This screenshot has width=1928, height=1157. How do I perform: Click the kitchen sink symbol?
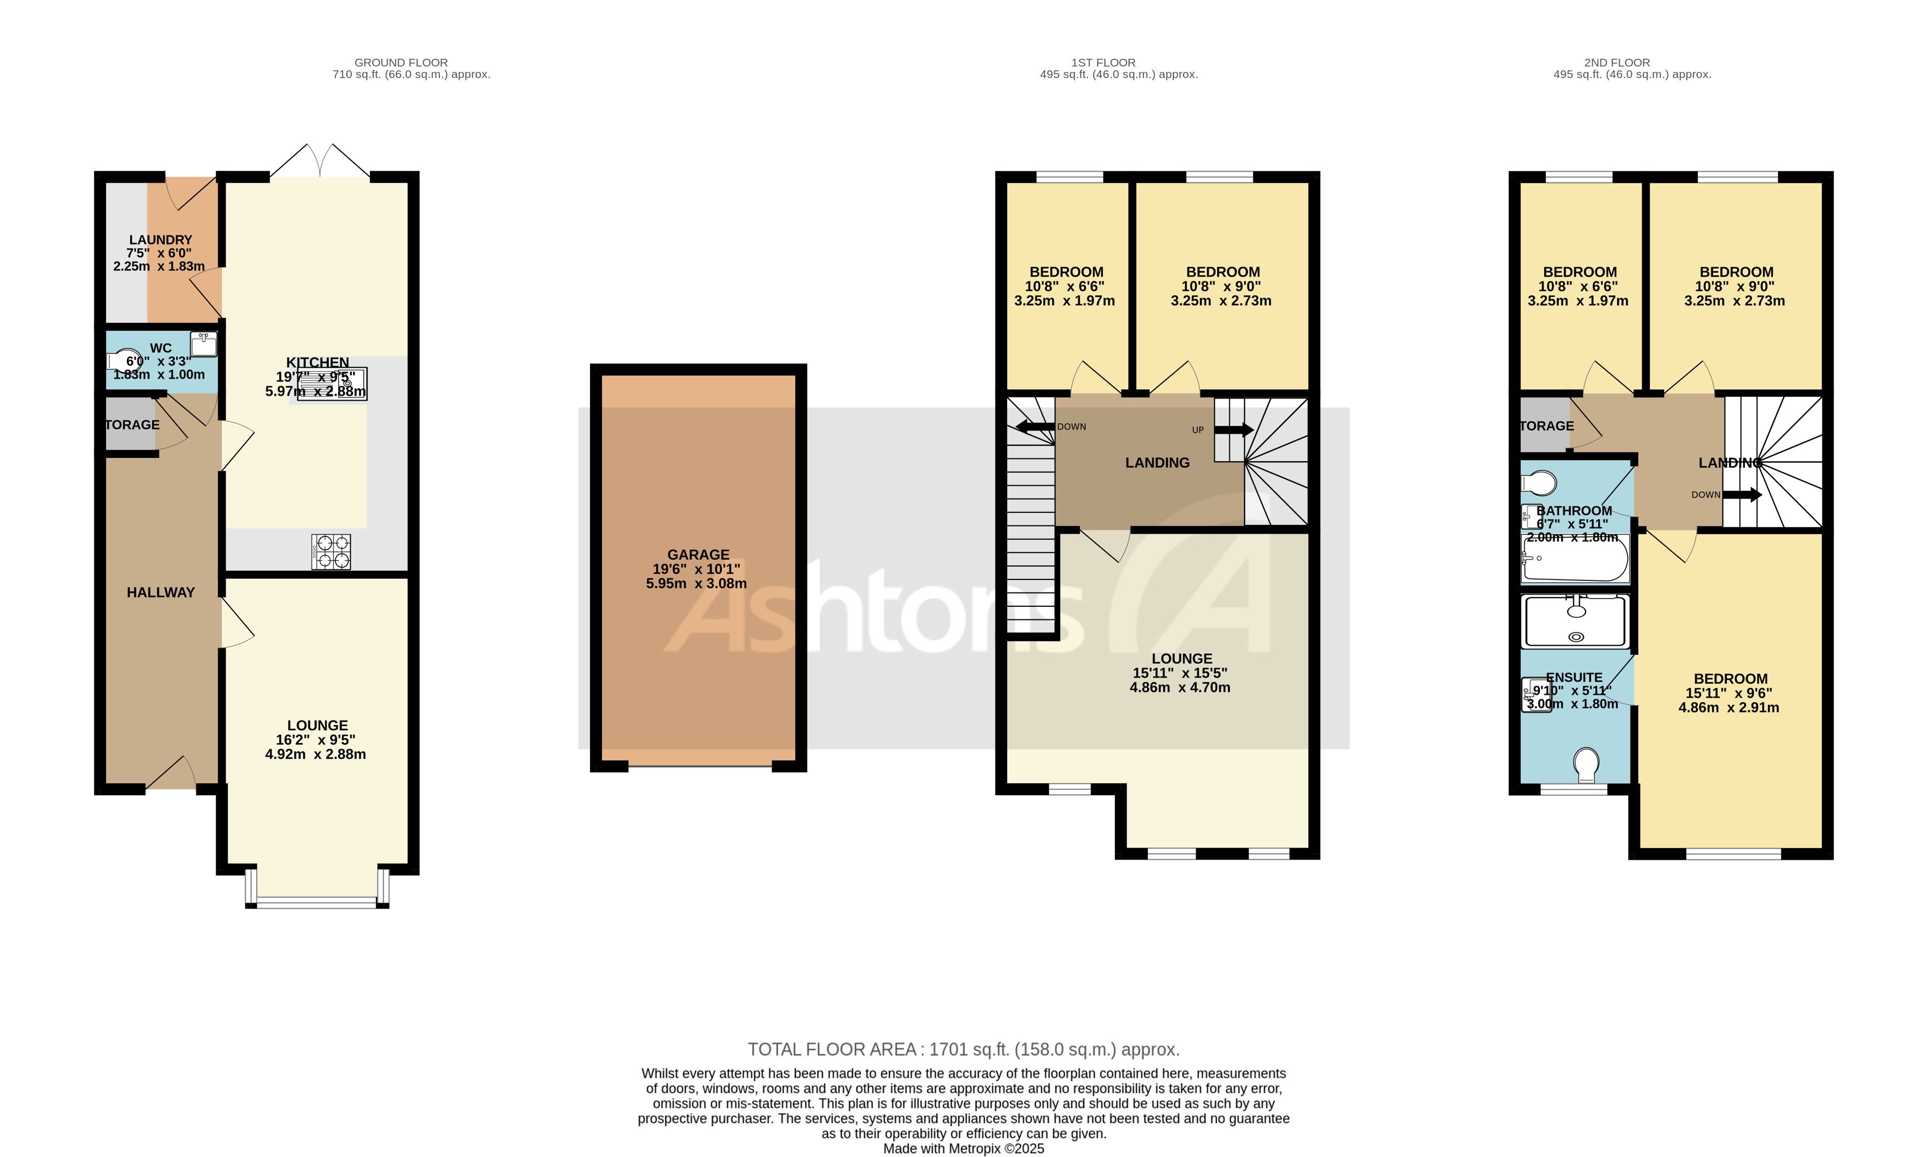pyautogui.click(x=332, y=384)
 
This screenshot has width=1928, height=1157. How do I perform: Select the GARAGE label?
pyautogui.click(x=698, y=555)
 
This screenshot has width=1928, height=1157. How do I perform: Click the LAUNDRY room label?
pyautogui.click(x=161, y=239)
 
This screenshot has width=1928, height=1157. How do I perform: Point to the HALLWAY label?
pyautogui.click(x=161, y=593)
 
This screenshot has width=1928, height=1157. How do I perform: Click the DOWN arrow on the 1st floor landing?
pyautogui.click(x=1035, y=427)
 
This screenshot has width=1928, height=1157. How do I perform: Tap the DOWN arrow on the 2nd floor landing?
pyautogui.click(x=1742, y=494)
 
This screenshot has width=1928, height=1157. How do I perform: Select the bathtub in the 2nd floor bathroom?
pyautogui.click(x=1575, y=558)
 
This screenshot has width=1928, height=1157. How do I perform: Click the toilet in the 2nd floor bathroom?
pyautogui.click(x=1538, y=483)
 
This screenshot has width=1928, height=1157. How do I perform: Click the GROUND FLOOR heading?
pyautogui.click(x=401, y=62)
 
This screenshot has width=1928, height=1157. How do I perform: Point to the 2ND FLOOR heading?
pyautogui.click(x=1616, y=62)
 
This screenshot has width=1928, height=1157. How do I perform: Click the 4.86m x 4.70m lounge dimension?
pyautogui.click(x=1180, y=688)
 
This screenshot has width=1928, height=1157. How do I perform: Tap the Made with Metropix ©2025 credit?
pyautogui.click(x=964, y=1148)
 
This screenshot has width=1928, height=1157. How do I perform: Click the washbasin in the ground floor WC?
pyautogui.click(x=203, y=343)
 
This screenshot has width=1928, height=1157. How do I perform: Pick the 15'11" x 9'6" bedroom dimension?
pyautogui.click(x=1728, y=693)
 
